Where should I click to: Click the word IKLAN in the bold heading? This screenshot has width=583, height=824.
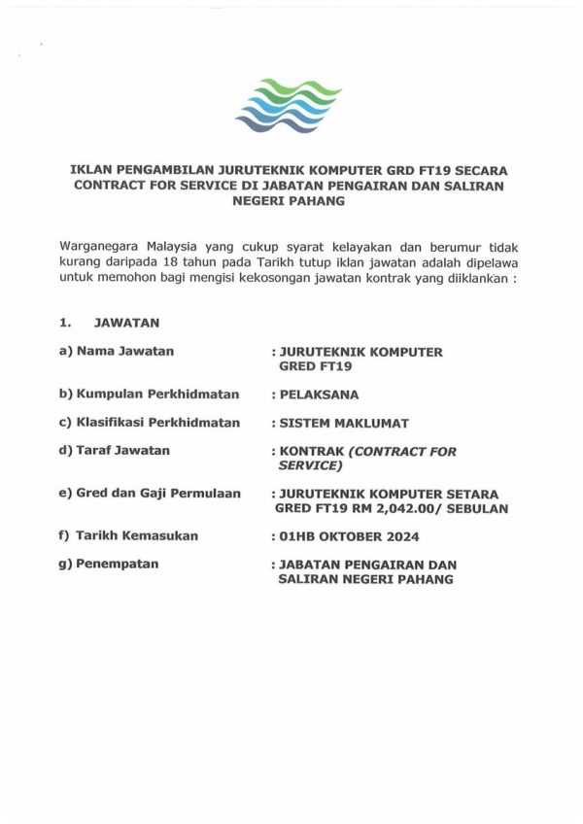[x=94, y=168]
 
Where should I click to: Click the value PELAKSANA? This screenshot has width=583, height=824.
[x=319, y=395]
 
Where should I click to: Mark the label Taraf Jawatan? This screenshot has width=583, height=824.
[x=121, y=450]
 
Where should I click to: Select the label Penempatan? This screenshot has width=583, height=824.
[x=116, y=563]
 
